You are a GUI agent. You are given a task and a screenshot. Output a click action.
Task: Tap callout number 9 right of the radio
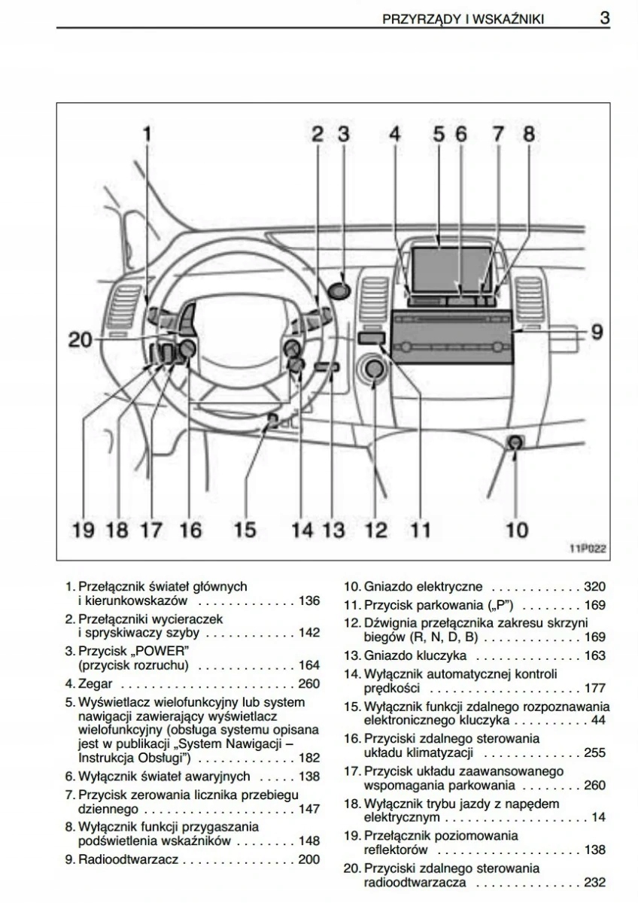point(597,331)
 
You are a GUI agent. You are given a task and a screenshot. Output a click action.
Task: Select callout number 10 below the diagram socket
point(516,530)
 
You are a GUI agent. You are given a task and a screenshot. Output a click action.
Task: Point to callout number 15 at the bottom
point(245,530)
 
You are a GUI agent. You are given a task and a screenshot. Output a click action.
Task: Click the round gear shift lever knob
point(374,369)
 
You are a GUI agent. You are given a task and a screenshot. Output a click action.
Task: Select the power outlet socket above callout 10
point(515,443)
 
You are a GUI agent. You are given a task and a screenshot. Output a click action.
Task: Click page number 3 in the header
point(604,18)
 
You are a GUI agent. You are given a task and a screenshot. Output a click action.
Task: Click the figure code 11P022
point(587,550)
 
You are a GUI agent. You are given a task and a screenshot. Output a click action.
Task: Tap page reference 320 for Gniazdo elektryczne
point(594,587)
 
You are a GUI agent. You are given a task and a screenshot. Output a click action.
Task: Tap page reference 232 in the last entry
point(594,882)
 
